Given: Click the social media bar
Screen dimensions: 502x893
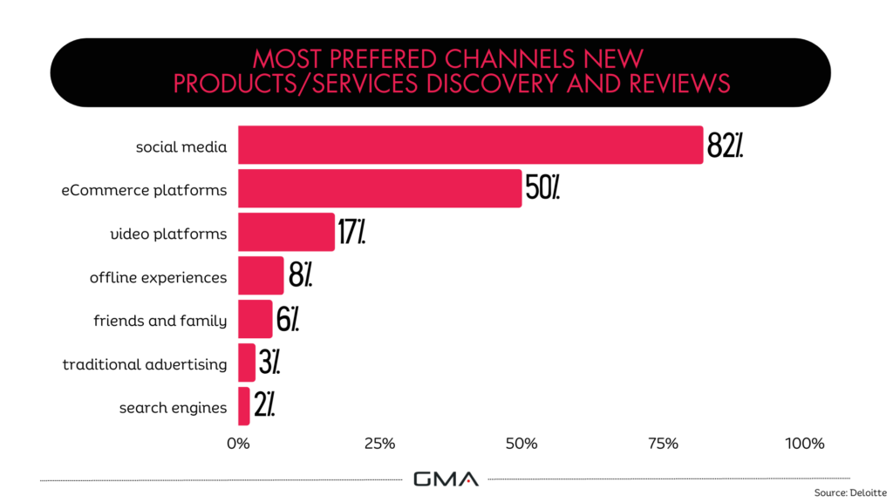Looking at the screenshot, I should coord(470,145).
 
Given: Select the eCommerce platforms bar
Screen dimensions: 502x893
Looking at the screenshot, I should coord(379,188).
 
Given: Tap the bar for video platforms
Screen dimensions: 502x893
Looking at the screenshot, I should coord(286,232).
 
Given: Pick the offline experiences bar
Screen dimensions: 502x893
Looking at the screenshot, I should coord(261,275).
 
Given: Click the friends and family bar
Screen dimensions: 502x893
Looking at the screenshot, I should coord(255,319).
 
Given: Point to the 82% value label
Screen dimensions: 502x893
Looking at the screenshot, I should coord(725,146).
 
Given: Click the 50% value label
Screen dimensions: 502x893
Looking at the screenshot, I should coord(542,187).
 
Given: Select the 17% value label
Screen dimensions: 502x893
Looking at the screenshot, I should coord(351,232).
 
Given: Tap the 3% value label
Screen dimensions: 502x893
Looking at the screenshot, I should coord(269,362).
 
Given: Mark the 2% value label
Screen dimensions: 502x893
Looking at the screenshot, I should coord(264,404).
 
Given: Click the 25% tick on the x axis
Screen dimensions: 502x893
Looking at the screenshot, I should coord(379,444).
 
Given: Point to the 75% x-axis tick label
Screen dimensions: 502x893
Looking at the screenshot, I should coord(663,444).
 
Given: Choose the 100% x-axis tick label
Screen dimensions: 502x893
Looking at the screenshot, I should coord(804,444).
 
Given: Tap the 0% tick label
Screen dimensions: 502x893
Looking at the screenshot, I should coord(238,444).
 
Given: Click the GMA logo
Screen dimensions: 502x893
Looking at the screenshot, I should coord(446,478).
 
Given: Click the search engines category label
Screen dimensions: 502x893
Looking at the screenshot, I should coord(173,407).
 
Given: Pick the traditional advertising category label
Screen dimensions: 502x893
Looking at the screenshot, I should coord(145,364).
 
